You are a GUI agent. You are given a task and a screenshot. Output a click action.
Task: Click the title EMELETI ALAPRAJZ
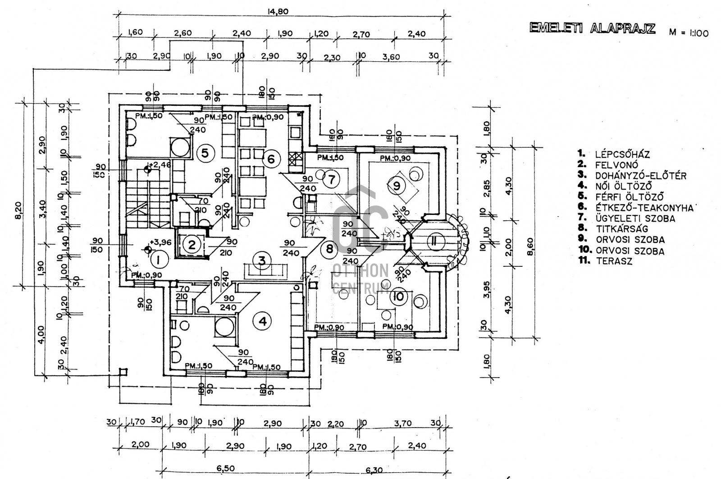tap(593, 28)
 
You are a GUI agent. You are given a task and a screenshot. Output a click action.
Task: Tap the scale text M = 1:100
tap(689, 33)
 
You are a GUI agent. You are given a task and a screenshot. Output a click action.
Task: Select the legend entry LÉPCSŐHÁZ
tap(622, 155)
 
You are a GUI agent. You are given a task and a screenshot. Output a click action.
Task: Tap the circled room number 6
tap(271, 159)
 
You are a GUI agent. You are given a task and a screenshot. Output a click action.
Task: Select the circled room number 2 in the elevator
tap(192, 245)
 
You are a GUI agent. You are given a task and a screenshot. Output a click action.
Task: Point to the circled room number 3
tap(261, 260)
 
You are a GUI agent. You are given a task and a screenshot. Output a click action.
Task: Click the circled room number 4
tap(262, 321)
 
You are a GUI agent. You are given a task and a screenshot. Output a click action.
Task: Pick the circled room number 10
tap(399, 297)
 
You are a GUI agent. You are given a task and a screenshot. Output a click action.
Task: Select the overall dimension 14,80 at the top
tap(278, 12)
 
